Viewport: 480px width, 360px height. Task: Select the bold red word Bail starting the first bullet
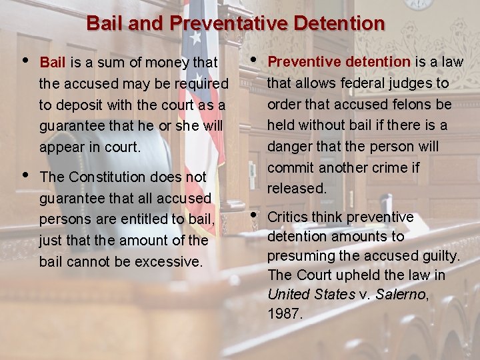tap(52, 63)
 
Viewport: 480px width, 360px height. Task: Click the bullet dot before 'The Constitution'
tap(25, 175)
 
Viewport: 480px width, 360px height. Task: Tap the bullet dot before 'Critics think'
tap(253, 215)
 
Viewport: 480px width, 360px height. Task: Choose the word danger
tap(288, 146)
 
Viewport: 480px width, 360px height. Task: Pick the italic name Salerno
tap(399, 294)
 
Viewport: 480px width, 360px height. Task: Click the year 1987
tap(285, 313)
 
